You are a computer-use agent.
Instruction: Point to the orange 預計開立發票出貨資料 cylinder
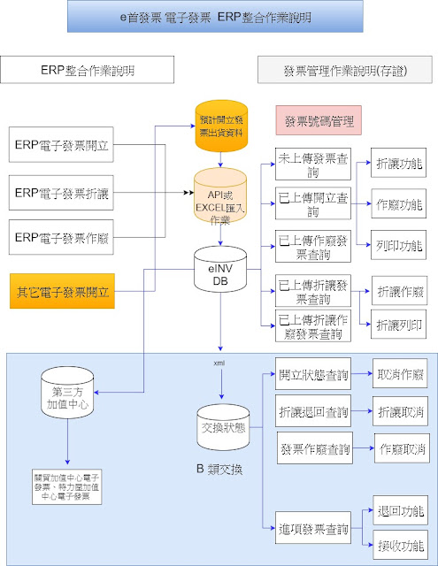click(x=220, y=128)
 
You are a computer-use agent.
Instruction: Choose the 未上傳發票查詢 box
click(x=312, y=165)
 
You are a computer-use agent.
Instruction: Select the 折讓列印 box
click(x=399, y=325)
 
